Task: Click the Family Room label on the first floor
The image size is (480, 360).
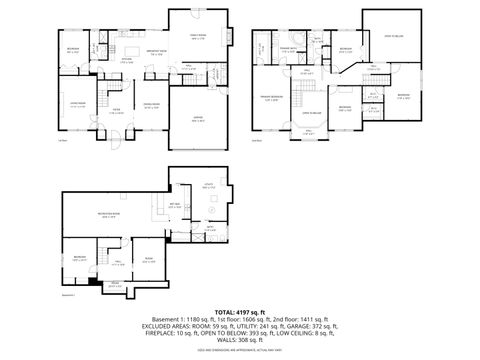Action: tap(198, 36)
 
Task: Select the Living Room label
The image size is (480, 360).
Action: tap(75, 104)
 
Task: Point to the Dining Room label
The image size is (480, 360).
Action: tap(151, 104)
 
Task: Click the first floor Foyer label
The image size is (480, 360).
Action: tap(116, 110)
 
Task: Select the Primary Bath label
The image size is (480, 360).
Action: tap(290, 49)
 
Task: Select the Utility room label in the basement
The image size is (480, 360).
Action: tap(208, 187)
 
